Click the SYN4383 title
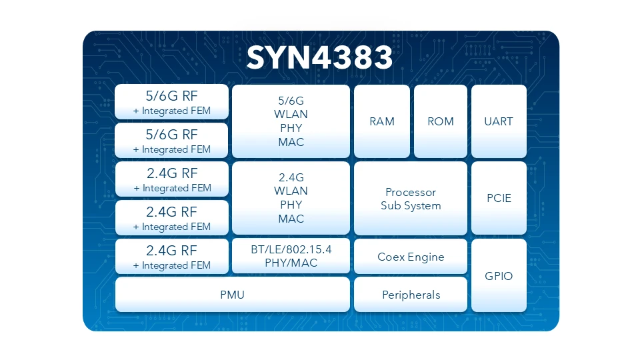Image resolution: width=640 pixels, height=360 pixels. tap(319, 57)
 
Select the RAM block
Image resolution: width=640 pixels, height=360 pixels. tap(382, 121)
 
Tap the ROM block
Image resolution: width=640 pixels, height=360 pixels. tap(441, 121)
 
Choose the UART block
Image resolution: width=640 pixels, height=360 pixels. tap(499, 121)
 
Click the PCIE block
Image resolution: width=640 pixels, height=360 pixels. tap(499, 198)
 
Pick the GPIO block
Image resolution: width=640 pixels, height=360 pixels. tap(499, 275)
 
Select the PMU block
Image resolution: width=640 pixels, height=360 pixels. tap(232, 295)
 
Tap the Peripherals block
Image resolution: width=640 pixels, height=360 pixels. tap(411, 295)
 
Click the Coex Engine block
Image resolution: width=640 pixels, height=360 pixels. tap(411, 256)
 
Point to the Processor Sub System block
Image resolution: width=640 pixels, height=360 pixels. tap(411, 198)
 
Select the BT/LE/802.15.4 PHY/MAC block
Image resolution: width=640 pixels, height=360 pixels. tap(291, 256)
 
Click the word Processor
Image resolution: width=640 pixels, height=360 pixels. tap(411, 192)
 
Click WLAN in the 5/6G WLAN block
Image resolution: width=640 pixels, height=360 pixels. tap(291, 114)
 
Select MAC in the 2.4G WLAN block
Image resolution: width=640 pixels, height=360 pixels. tap(291, 219)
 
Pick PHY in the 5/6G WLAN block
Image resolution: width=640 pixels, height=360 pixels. tap(291, 128)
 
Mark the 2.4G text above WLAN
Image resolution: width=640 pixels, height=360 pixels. tap(291, 177)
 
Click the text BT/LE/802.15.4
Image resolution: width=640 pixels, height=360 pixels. tap(291, 249)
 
